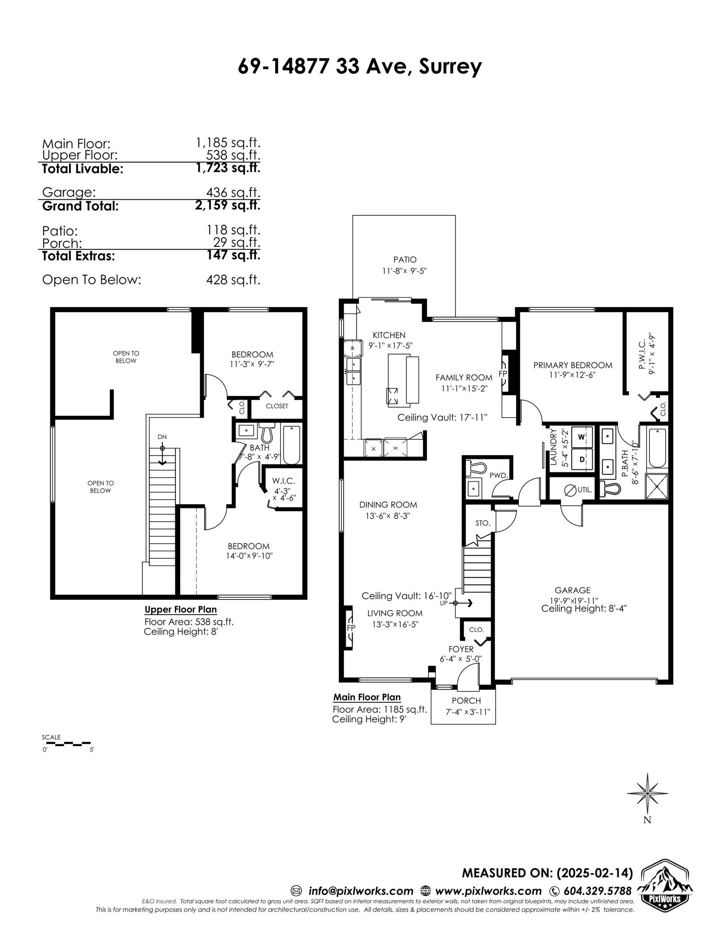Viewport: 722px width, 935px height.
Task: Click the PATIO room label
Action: [405, 259]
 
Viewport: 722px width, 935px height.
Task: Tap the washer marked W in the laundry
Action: [581, 437]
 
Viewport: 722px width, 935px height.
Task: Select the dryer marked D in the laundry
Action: [581, 459]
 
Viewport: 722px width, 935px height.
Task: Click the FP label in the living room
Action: [351, 628]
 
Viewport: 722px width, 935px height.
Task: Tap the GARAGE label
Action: [573, 590]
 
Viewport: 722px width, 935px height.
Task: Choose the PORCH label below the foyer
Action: [466, 701]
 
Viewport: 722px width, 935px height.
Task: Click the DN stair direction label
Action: [162, 437]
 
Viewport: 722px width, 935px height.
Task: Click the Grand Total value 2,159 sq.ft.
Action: [228, 205]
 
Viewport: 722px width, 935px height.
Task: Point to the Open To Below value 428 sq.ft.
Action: [233, 280]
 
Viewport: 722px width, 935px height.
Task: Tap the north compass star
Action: [647, 793]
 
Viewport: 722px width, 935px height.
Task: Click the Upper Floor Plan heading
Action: [181, 610]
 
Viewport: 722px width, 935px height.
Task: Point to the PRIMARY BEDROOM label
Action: [573, 365]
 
